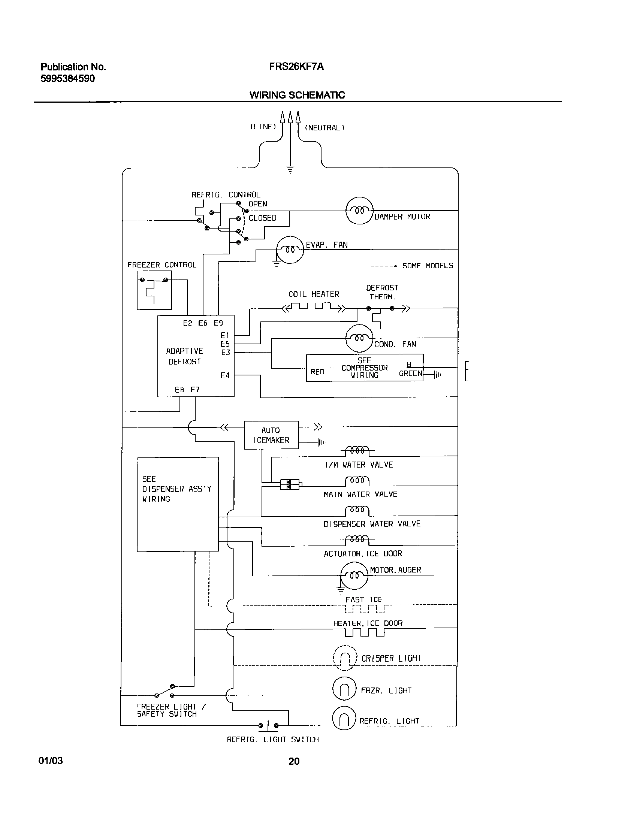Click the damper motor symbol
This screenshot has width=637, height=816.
tap(359, 211)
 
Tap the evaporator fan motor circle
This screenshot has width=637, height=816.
tap(290, 250)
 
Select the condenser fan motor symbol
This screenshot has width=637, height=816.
tap(359, 338)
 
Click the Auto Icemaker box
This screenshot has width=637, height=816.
tap(271, 435)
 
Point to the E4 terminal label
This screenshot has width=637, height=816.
tap(225, 375)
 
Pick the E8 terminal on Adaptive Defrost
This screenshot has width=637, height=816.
tap(179, 390)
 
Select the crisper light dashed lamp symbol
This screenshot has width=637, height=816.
tap(345, 658)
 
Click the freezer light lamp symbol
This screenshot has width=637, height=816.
tap(344, 689)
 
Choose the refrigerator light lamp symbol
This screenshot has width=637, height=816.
tap(344, 718)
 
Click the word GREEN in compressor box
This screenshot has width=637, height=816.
tap(410, 374)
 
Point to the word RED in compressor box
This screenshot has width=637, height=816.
tap(317, 372)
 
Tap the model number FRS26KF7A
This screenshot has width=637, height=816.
tap(296, 67)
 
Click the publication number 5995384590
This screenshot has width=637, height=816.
tap(67, 79)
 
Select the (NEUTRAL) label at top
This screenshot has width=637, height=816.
tap(324, 128)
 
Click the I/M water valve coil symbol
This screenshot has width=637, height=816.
tap(357, 450)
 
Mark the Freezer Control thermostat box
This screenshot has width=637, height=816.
tap(154, 290)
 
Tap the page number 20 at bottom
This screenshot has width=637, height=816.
tap(294, 761)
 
